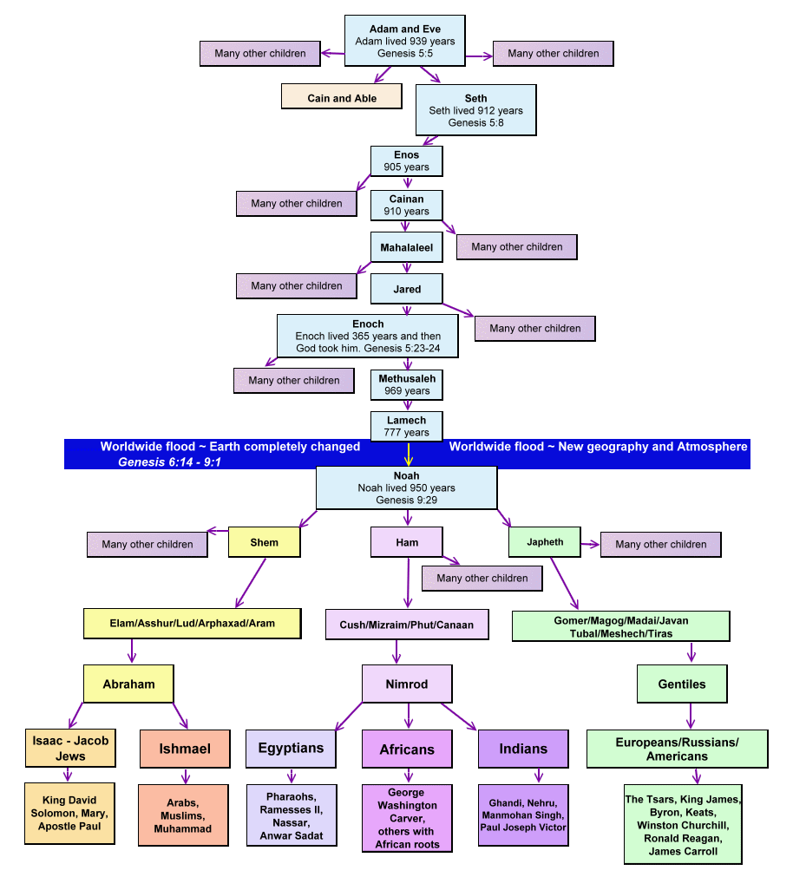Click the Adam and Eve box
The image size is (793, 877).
pyautogui.click(x=405, y=41)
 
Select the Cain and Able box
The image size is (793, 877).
pyautogui.click(x=342, y=97)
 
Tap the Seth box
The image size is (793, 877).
pyautogui.click(x=475, y=110)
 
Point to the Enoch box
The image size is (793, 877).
pyautogui.click(x=368, y=336)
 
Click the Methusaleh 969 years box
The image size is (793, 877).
pyautogui.click(x=407, y=384)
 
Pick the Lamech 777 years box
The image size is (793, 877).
pyautogui.click(x=407, y=425)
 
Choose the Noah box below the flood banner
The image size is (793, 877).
pyautogui.click(x=406, y=488)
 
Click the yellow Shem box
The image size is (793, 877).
pyautogui.click(x=265, y=542)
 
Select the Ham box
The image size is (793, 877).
pyautogui.click(x=407, y=542)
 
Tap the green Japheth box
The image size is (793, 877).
pyautogui.click(x=545, y=542)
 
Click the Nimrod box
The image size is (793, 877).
pyautogui.click(x=407, y=684)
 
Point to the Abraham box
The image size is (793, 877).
pyautogui.click(x=129, y=684)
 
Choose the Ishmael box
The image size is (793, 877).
pyautogui.click(x=184, y=748)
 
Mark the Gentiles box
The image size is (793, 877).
pyautogui.click(x=682, y=684)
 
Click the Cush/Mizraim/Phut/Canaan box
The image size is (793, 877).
pyautogui.click(x=407, y=625)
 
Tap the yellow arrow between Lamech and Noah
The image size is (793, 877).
pyautogui.click(x=407, y=453)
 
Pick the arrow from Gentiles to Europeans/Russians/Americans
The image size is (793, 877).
pyautogui.click(x=691, y=716)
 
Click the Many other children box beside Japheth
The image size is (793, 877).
pyautogui.click(x=661, y=544)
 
